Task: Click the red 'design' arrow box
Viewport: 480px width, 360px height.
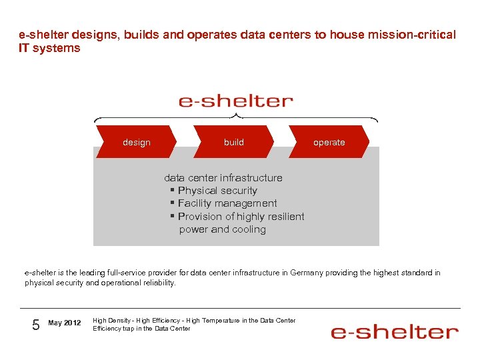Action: pos(136,142)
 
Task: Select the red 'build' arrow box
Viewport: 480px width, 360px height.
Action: pos(233,142)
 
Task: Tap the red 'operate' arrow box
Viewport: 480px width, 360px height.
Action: pos(329,142)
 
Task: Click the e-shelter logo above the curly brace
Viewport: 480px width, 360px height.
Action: pos(235,101)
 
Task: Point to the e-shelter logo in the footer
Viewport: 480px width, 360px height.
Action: pos(395,331)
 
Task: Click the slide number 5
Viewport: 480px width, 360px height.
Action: pos(36,325)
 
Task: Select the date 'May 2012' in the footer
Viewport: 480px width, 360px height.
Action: pos(65,323)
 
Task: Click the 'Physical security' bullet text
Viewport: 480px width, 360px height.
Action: pos(217,191)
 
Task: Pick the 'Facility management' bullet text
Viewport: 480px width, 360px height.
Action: pos(227,203)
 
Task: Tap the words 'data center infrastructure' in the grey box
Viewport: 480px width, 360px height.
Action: pos(223,178)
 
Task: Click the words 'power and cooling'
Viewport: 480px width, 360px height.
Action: pos(222,229)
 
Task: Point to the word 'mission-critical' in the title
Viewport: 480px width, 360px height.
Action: pos(417,35)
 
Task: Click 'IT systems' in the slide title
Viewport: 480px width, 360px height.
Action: pos(49,48)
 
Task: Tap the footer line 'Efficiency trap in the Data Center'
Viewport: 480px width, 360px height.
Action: pos(141,328)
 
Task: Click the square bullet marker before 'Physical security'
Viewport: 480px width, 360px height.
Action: pos(172,191)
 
